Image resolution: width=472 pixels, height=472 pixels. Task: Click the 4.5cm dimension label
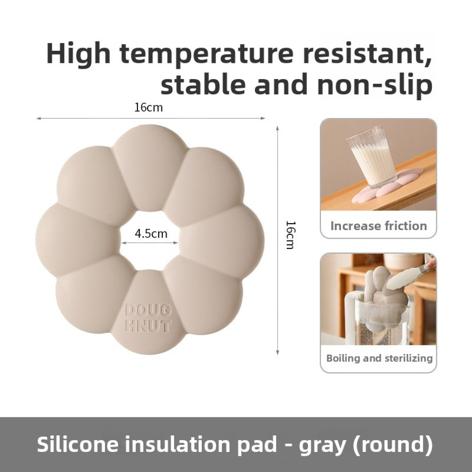pyautogui.click(x=151, y=234)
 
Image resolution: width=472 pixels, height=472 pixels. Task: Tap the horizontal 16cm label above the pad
pyautogui.click(x=148, y=107)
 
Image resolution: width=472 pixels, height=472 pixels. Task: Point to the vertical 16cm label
pyautogui.click(x=290, y=235)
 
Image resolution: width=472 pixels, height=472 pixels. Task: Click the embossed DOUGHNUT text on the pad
pyautogui.click(x=148, y=318)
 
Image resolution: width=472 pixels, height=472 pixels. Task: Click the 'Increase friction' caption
pyautogui.click(x=378, y=226)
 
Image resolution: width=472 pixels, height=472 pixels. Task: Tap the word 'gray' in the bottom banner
pyautogui.click(x=322, y=444)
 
